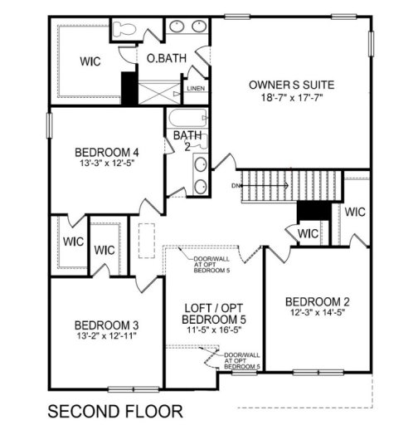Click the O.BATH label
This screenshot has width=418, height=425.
(x=165, y=59)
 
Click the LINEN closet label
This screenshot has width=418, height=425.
(x=196, y=87)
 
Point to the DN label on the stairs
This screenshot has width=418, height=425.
(x=236, y=184)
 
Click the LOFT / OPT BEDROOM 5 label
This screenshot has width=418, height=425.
(x=212, y=314)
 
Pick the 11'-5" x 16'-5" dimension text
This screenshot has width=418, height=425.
(x=212, y=330)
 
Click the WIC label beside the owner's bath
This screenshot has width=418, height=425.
(x=90, y=61)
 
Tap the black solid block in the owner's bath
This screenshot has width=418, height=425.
(x=129, y=86)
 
